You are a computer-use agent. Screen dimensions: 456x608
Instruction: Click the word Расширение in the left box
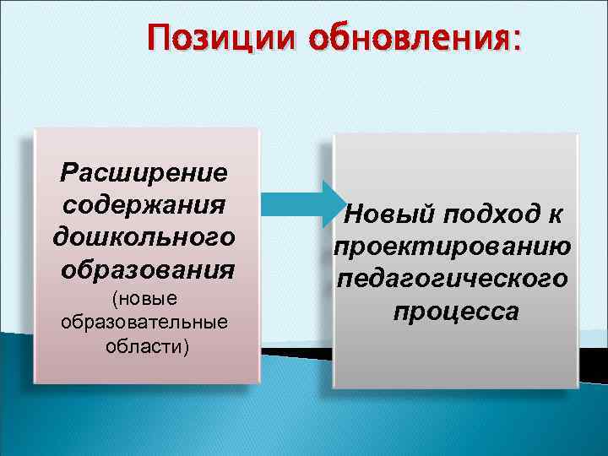144,173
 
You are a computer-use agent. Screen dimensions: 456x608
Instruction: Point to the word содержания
144,205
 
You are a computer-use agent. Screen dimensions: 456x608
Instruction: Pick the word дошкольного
144,237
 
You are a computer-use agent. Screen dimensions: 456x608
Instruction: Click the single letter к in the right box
554,215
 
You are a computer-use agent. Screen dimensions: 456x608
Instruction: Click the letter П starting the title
158,39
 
